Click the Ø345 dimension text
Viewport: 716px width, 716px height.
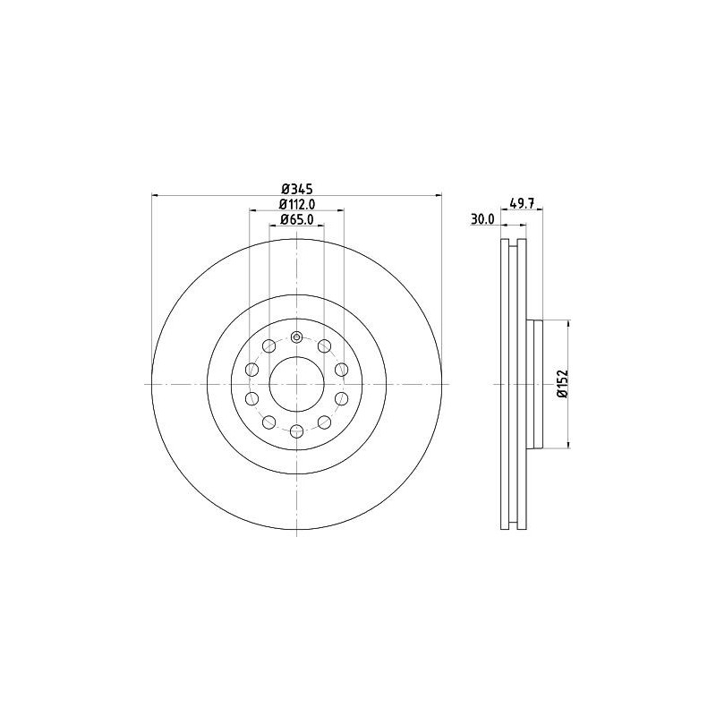[296, 188]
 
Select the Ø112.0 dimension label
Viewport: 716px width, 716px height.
[296, 203]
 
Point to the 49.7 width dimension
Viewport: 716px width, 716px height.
[522, 203]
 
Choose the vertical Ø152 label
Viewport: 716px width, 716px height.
[560, 383]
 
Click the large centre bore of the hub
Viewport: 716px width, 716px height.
[296, 384]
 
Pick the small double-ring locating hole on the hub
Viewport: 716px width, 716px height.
[296, 337]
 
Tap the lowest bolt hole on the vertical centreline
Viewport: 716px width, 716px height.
[296, 430]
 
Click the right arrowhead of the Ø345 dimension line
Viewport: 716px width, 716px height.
[437, 195]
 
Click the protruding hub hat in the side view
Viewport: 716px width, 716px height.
[537, 384]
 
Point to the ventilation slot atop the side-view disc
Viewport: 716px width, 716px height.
[512, 247]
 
